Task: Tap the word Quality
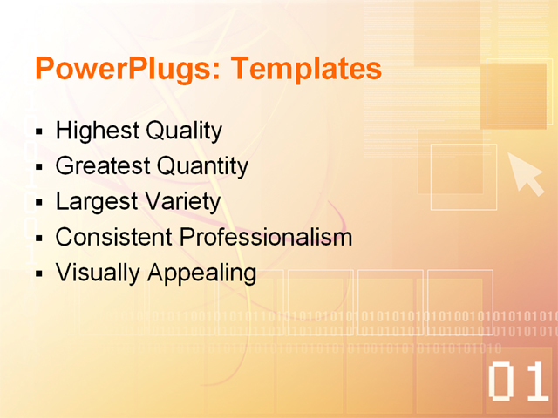click(x=184, y=131)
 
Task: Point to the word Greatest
click(x=103, y=166)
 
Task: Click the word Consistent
click(x=113, y=237)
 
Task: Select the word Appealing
click(x=201, y=273)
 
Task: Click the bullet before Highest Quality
click(x=39, y=133)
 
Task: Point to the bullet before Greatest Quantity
click(x=39, y=168)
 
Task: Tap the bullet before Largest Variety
click(x=39, y=204)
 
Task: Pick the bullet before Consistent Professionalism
click(x=39, y=239)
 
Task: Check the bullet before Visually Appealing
click(x=39, y=274)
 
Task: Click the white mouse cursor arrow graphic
click(x=525, y=172)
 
